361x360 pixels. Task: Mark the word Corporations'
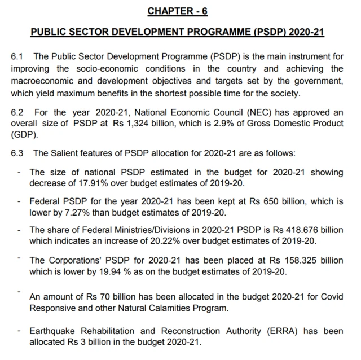click(x=74, y=260)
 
